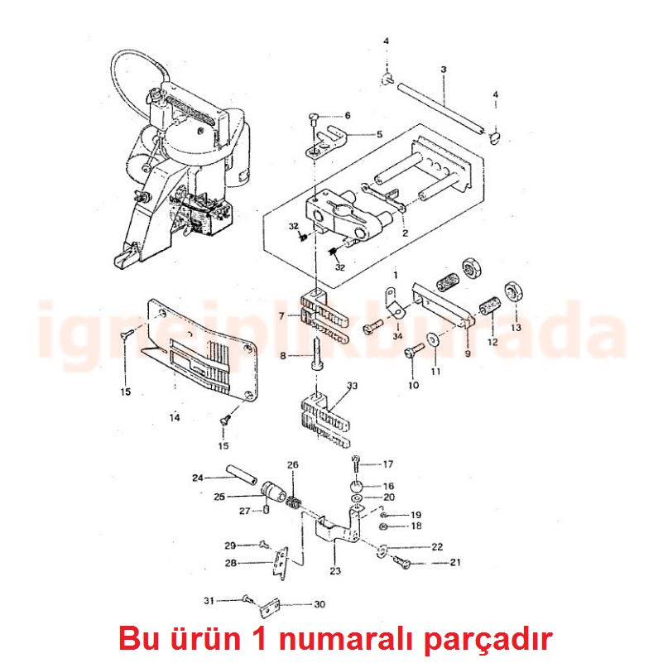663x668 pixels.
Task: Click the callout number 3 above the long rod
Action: pyautogui.click(x=444, y=70)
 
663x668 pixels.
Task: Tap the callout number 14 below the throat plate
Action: pyautogui.click(x=175, y=417)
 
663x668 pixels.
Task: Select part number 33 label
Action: pyautogui.click(x=352, y=386)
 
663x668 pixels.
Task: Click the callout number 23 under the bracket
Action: pyautogui.click(x=335, y=570)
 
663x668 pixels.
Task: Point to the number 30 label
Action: pyautogui.click(x=319, y=604)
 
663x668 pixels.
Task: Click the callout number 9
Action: pyautogui.click(x=468, y=353)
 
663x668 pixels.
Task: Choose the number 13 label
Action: pyautogui.click(x=516, y=328)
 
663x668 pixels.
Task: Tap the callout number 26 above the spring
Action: pyautogui.click(x=293, y=465)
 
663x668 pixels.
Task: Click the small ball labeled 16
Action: pyautogui.click(x=357, y=486)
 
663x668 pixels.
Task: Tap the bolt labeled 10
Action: pyautogui.click(x=413, y=352)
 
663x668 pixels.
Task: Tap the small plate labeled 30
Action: pyautogui.click(x=269, y=608)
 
